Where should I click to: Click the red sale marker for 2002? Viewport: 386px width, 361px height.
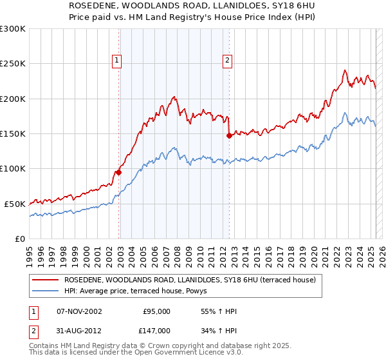coord(118,172)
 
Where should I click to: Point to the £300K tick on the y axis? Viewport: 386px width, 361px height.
coord(13,29)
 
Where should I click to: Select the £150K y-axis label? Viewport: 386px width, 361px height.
coord(13,134)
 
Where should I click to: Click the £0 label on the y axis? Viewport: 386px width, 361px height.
coord(19,239)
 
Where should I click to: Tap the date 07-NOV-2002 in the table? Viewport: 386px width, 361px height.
coord(79,311)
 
